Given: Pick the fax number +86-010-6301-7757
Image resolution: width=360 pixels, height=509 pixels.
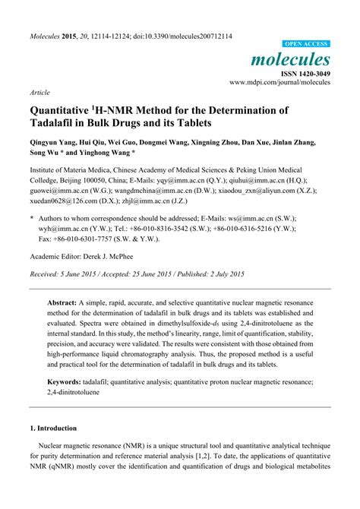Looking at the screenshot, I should tap(89, 239).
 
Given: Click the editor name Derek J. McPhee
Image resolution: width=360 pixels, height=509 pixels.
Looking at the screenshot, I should tap(122, 257).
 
